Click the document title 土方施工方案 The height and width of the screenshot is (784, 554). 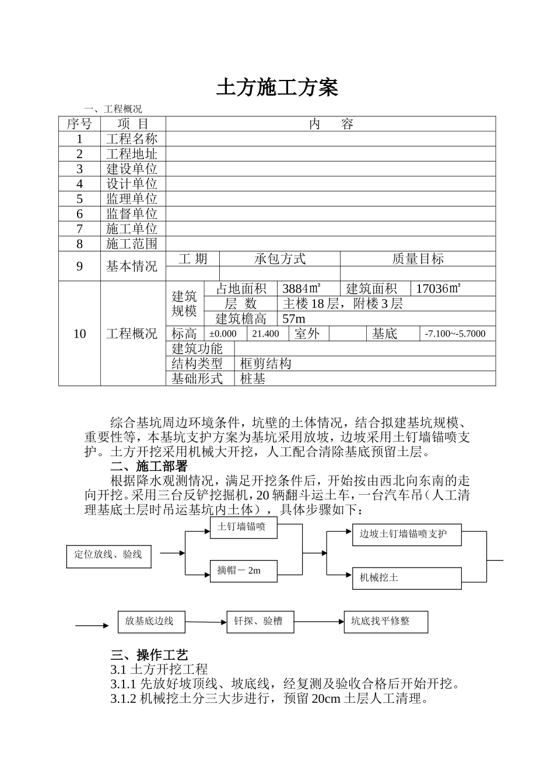pos(277,87)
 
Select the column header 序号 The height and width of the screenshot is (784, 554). pos(79,124)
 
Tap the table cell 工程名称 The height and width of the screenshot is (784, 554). pos(132,139)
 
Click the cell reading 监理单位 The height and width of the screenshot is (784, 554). pos(132,199)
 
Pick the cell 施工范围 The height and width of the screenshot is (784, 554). pos(132,244)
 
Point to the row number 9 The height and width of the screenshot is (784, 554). pos(79,267)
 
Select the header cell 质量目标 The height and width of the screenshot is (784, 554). pos(418,259)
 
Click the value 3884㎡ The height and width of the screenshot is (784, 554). pos(301,288)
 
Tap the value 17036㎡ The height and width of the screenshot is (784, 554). pos(439,288)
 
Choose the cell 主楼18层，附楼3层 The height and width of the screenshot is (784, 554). pos(342,303)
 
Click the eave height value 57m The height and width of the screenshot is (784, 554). pos(294,318)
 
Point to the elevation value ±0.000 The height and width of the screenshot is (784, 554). pos(223,334)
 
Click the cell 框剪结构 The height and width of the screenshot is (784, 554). pos(265,363)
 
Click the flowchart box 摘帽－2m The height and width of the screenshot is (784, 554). pos(243,570)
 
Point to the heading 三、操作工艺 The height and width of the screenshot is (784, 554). pos(149,655)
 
